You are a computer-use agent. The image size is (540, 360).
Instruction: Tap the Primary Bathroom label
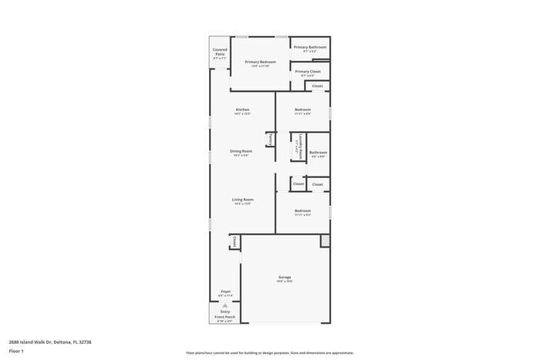pyautogui.click(x=309, y=47)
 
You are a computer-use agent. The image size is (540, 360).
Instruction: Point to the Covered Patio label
pyautogui.click(x=220, y=52)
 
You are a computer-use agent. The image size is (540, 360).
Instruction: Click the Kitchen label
pyautogui.click(x=242, y=109)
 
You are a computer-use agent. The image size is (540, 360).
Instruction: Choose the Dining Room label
pyautogui.click(x=241, y=151)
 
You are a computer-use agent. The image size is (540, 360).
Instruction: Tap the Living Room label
pyautogui.click(x=243, y=200)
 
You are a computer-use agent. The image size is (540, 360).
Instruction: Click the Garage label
pyautogui.click(x=285, y=277)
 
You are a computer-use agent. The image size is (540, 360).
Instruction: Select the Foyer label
pyautogui.click(x=225, y=291)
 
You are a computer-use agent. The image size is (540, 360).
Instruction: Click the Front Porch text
pyautogui.click(x=225, y=317)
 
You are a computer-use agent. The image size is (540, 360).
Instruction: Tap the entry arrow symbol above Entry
pyautogui.click(x=225, y=304)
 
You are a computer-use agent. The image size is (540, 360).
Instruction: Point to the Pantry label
pyautogui.click(x=271, y=140)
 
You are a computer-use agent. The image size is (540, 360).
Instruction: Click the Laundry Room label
pyautogui.click(x=297, y=146)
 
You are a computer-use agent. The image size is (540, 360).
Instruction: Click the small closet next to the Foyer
pyautogui.click(x=234, y=242)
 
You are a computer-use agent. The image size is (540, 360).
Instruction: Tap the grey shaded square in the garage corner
pyautogui.click(x=325, y=241)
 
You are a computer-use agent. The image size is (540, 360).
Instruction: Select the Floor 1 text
pyautogui.click(x=16, y=351)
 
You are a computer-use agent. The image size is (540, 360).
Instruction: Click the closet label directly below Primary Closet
pyautogui.click(x=317, y=86)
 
